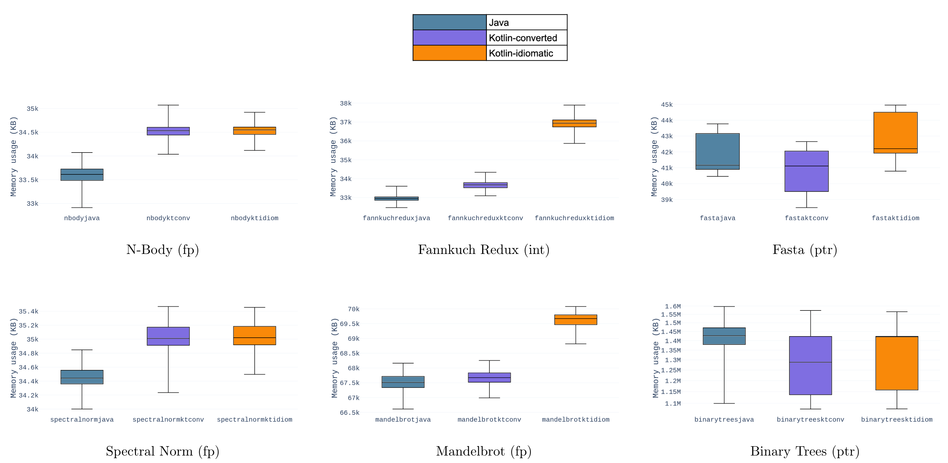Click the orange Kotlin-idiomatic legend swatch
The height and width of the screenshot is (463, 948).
(x=449, y=53)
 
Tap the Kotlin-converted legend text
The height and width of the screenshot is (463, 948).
(x=523, y=38)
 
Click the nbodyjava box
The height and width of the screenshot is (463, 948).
(x=82, y=175)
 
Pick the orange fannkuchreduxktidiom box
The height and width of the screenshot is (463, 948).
(x=574, y=124)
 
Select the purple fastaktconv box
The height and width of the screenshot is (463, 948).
(x=806, y=171)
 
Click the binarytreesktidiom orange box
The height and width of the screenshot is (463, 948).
(x=896, y=363)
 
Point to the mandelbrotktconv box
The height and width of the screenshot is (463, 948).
(x=489, y=377)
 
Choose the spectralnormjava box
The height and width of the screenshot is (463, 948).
(x=82, y=377)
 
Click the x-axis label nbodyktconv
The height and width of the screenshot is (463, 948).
(x=168, y=218)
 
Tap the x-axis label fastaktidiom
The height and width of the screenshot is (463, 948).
(x=895, y=218)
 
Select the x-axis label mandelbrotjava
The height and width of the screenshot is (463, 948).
(x=403, y=420)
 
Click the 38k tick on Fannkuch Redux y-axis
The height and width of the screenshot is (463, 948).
(x=346, y=103)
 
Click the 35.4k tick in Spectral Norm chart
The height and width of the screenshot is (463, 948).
(x=28, y=312)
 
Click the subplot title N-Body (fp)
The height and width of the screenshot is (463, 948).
(x=162, y=250)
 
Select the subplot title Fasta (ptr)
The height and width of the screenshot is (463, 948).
(x=805, y=250)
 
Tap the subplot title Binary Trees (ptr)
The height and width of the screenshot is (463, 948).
(x=805, y=451)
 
